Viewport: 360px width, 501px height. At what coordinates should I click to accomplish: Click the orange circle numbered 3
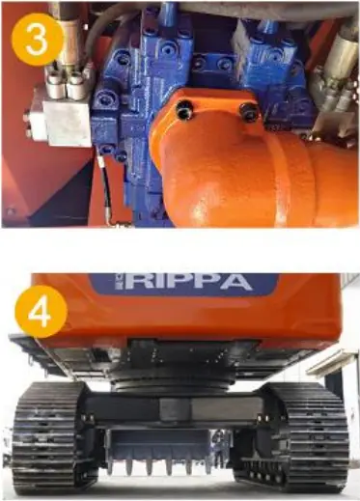pos(38,40)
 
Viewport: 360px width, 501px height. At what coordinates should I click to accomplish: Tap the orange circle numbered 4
pos(41,311)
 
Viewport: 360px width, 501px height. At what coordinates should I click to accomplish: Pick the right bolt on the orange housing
pos(248,110)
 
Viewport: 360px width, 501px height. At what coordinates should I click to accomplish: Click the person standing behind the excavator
pos(219,450)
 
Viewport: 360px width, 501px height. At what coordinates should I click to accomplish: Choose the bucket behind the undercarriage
pos(158,451)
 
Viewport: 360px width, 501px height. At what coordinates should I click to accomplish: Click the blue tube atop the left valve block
pos(168,13)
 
